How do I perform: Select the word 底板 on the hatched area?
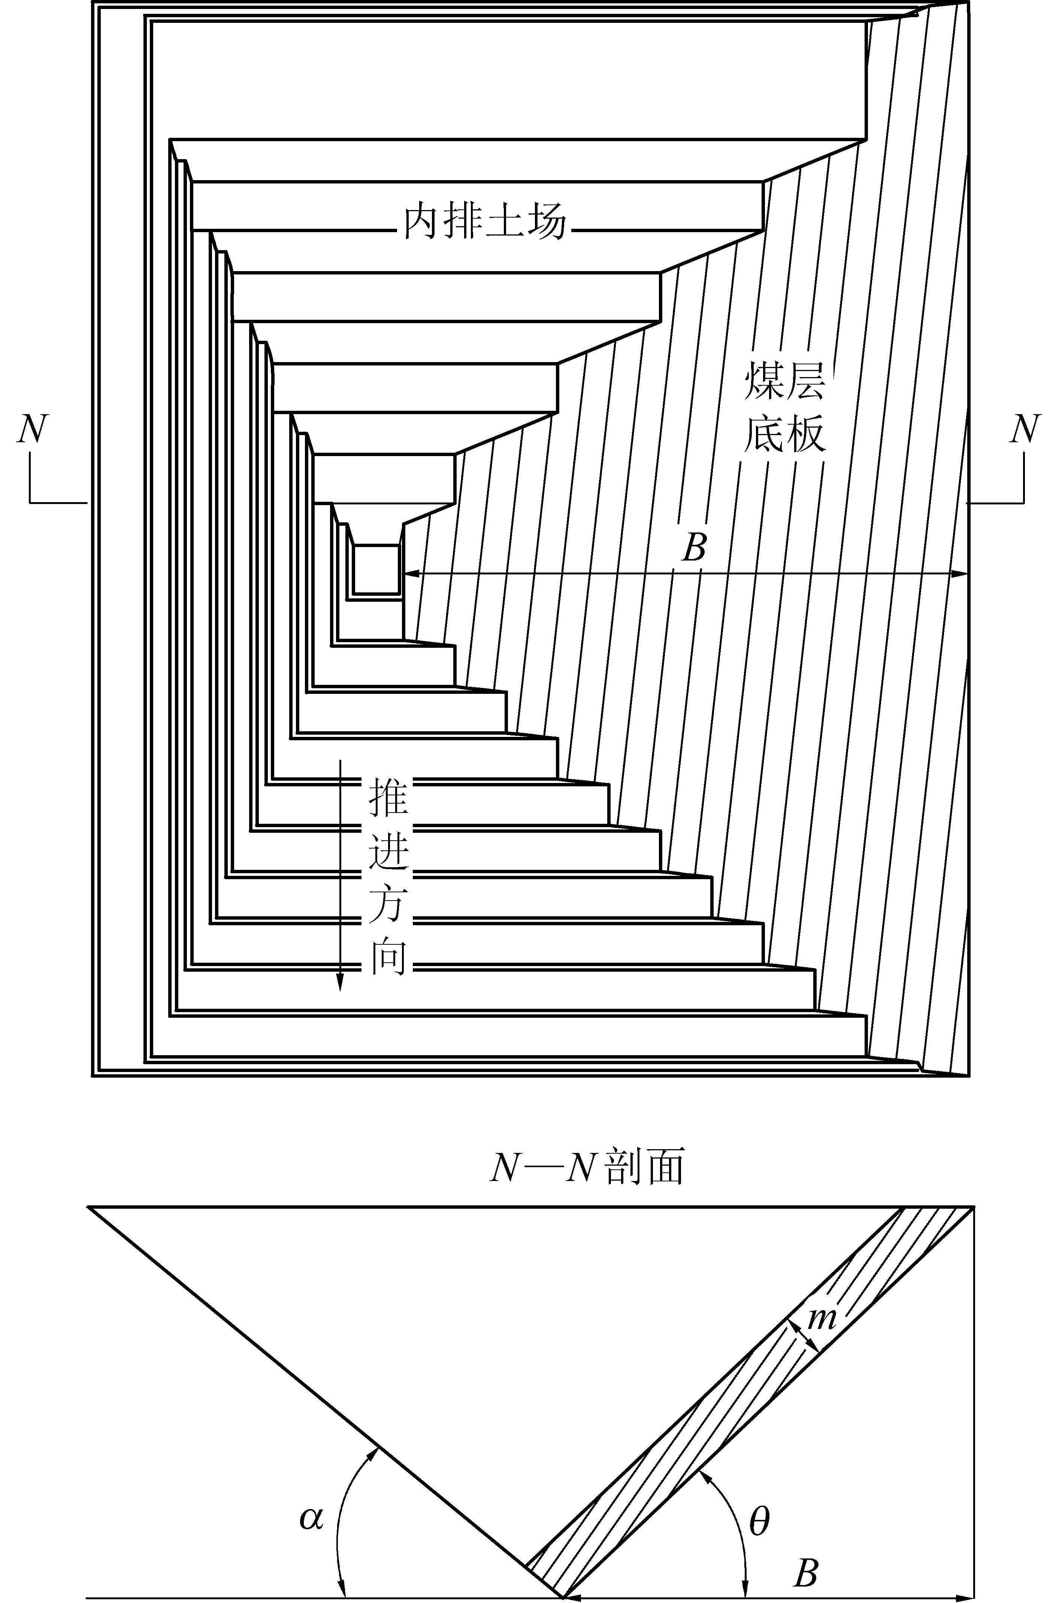click(x=785, y=435)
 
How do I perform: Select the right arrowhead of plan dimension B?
click(x=959, y=574)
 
